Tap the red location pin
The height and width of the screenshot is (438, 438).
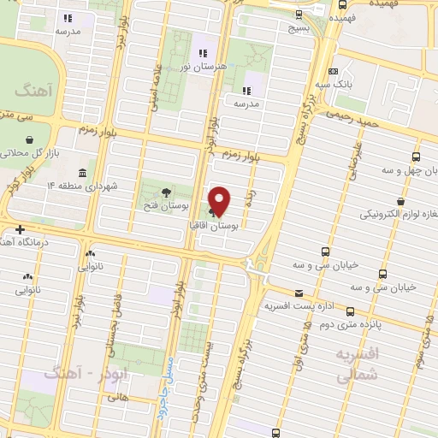pos(220,200)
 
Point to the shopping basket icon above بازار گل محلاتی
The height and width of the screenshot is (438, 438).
pos(31,139)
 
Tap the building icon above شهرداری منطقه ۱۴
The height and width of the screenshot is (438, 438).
pos(81,171)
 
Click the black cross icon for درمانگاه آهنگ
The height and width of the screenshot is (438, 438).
pos(19,229)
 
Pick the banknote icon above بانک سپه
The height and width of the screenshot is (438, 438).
pos(333,72)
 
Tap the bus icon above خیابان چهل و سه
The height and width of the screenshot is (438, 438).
pos(416,157)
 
